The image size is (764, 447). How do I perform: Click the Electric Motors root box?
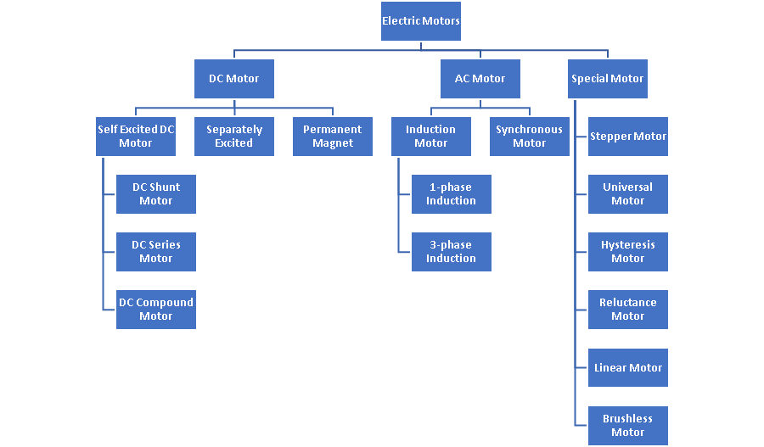[421, 21]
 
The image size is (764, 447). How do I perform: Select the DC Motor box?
[234, 79]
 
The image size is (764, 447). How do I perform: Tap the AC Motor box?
[480, 79]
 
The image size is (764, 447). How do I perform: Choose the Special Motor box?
[608, 79]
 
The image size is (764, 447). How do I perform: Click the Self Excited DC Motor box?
[136, 137]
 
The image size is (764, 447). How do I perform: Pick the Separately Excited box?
[234, 137]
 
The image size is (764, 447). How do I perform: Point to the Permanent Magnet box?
[333, 137]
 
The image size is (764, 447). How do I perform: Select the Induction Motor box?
[431, 137]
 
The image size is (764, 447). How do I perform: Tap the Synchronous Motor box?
[530, 137]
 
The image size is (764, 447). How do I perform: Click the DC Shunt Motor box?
[156, 194]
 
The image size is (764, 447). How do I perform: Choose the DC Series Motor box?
[156, 252]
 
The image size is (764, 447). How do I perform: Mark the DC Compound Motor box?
[156, 310]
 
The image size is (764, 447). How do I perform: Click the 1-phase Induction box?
[452, 194]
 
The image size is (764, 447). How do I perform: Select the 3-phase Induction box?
[452, 252]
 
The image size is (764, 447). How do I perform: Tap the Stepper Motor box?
[628, 137]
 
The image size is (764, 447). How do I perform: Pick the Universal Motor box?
[628, 194]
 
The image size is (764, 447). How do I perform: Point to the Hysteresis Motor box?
[628, 252]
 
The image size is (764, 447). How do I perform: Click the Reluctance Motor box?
[628, 310]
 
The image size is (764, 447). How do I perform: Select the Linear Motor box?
[628, 367]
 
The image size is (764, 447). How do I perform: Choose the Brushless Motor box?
[628, 425]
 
